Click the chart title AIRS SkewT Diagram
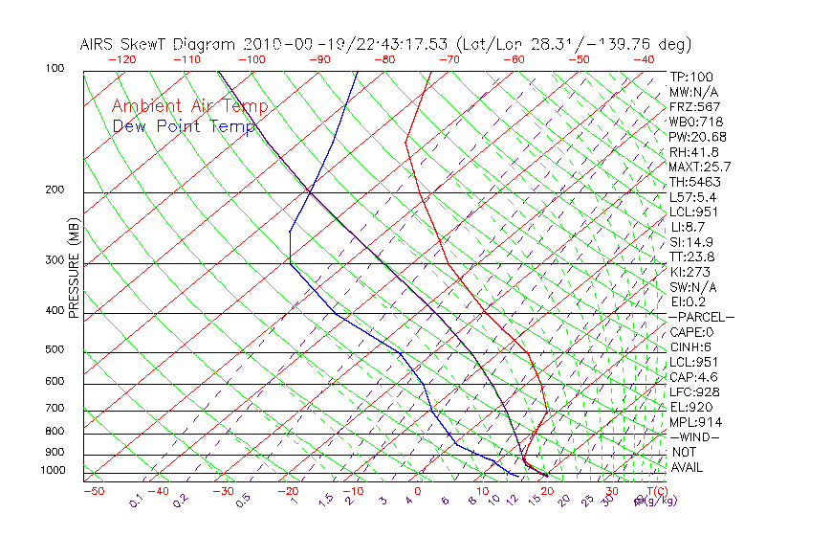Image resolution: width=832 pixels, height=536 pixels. (x=159, y=44)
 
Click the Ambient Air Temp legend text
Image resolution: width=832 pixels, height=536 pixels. (x=189, y=106)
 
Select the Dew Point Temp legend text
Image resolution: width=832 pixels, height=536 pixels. (x=184, y=126)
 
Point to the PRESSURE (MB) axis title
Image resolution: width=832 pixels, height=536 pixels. (x=75, y=268)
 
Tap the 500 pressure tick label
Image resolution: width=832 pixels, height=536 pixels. (x=55, y=350)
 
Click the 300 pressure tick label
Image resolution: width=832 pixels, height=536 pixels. (x=55, y=260)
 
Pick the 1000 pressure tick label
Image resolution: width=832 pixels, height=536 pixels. (x=52, y=471)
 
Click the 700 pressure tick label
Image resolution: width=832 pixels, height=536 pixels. (x=55, y=409)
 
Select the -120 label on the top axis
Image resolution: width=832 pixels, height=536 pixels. (x=121, y=59)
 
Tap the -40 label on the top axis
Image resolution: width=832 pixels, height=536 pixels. (x=644, y=59)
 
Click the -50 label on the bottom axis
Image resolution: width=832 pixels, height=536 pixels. (x=93, y=491)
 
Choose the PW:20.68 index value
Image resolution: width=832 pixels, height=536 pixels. (x=697, y=137)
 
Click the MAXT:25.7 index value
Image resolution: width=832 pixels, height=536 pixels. (x=701, y=167)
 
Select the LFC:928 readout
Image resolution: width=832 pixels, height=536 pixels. (x=694, y=391)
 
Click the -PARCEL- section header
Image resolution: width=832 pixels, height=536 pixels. (x=701, y=317)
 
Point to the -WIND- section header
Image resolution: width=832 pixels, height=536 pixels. (x=695, y=436)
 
